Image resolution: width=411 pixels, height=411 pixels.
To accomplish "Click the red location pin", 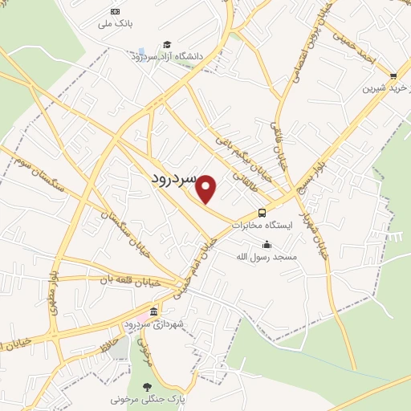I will pos(206,188).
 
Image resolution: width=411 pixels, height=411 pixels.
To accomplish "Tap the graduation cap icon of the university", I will pos(166,44).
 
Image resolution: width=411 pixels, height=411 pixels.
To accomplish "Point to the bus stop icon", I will pos(262,213).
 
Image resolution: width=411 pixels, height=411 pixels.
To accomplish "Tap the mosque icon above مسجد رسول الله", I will pos(267,245).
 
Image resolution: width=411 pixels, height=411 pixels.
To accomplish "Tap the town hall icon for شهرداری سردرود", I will pos(154,311).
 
